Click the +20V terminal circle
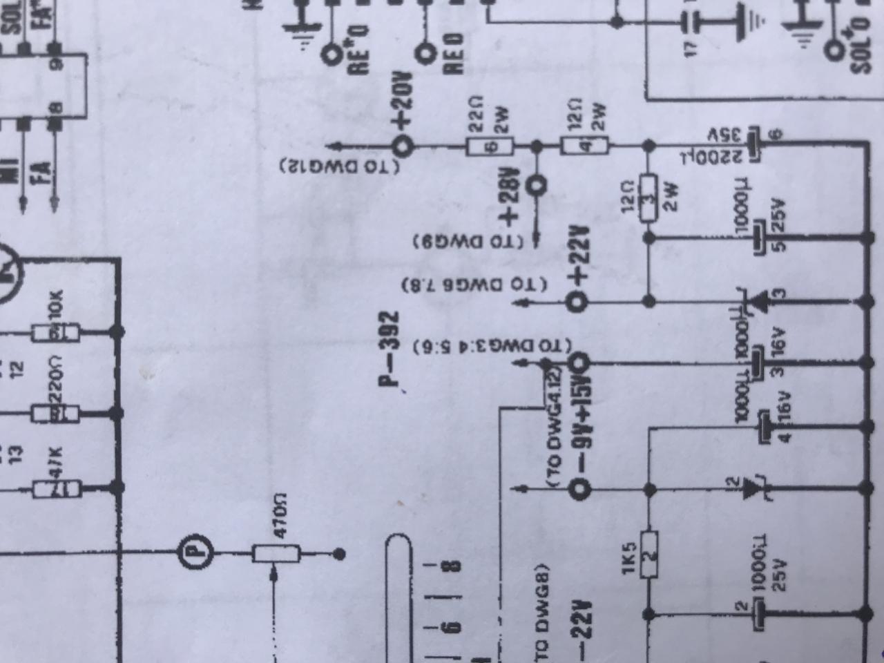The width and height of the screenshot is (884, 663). click(403, 146)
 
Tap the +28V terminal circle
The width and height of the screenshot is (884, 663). click(536, 184)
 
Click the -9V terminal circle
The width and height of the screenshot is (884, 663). click(579, 490)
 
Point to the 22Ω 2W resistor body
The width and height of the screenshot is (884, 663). click(490, 146)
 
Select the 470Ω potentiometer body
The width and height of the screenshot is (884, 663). click(276, 553)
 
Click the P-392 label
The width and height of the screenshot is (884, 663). click(390, 349)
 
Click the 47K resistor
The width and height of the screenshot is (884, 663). click(57, 489)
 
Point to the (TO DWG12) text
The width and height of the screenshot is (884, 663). click(340, 166)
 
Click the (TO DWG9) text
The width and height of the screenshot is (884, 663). click(470, 241)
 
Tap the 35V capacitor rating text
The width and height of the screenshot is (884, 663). click(724, 133)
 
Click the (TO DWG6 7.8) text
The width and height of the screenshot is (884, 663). click(475, 285)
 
